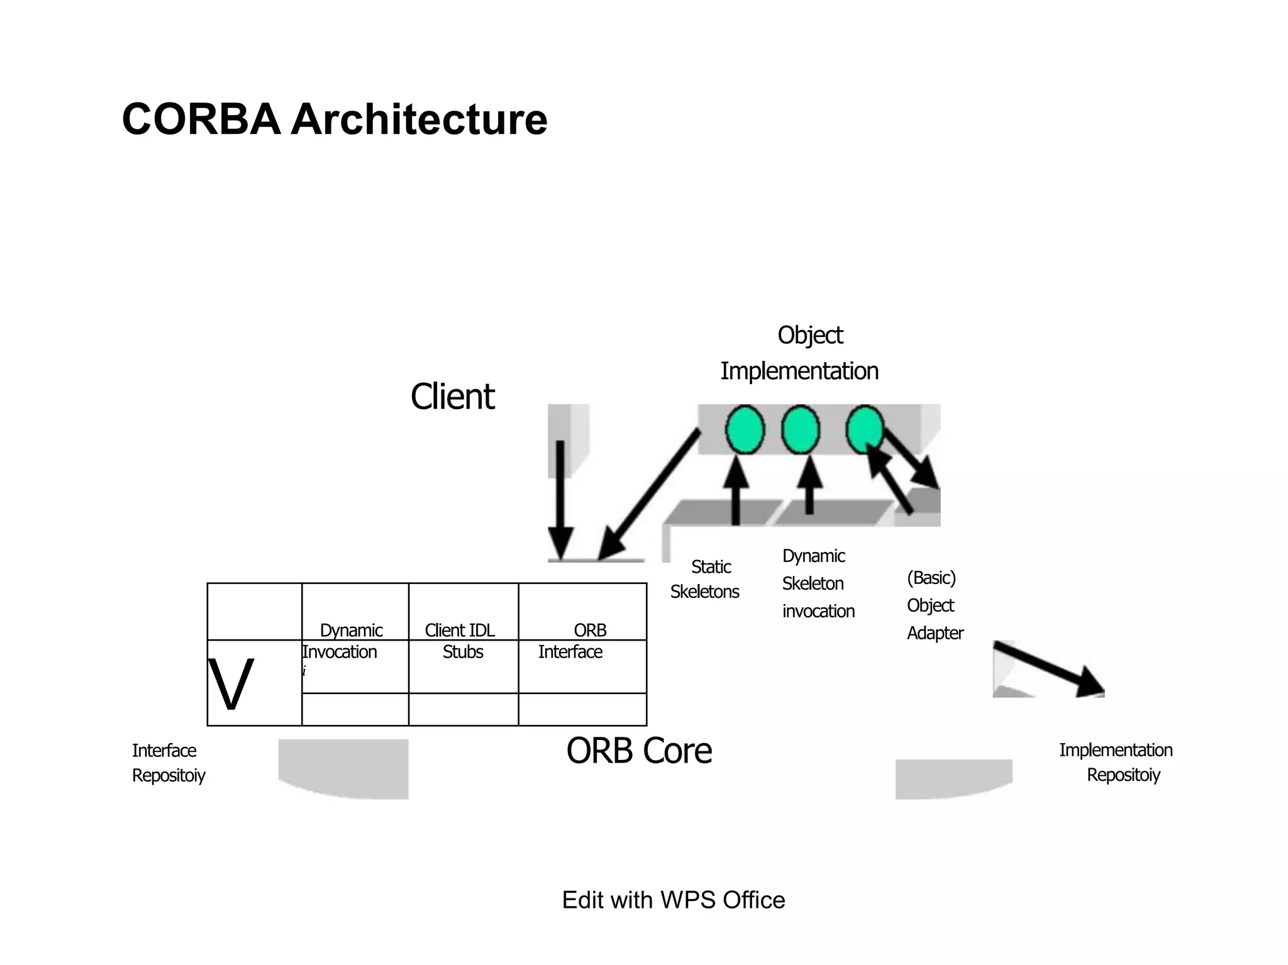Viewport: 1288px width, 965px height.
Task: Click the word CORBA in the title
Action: coord(201,119)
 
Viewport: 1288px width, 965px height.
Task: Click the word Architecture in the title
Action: coord(419,119)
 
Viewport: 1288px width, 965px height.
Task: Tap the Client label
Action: coord(452,397)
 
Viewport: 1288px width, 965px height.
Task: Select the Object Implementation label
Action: coord(799,353)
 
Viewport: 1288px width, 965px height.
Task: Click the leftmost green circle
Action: coord(745,430)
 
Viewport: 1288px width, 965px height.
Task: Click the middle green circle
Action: coord(801,430)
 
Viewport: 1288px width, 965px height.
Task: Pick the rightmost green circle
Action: coord(864,429)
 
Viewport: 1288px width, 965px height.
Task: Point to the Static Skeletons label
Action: coord(706,579)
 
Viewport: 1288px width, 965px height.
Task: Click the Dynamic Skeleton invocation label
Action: coord(817,583)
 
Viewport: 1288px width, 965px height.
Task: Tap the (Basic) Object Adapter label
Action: coord(934,605)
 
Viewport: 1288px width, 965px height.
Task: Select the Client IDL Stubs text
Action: coord(461,641)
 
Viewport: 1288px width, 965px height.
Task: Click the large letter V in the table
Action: coord(231,685)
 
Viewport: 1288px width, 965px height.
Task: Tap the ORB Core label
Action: coord(639,751)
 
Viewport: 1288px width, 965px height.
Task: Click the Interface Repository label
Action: coord(168,763)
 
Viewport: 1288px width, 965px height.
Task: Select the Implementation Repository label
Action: coord(1116,762)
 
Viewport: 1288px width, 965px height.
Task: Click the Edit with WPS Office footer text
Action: coord(673,900)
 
